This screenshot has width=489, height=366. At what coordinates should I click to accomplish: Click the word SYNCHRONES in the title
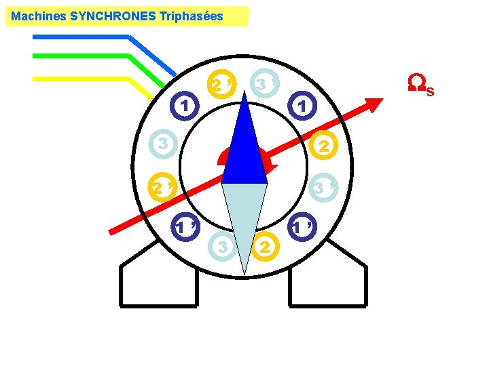click(113, 16)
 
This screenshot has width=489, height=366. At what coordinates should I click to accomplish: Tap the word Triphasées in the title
click(191, 16)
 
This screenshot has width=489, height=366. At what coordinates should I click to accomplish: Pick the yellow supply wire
click(81, 79)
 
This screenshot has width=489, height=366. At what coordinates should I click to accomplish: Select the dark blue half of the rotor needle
click(244, 149)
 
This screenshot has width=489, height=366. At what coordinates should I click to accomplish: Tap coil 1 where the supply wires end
click(184, 105)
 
